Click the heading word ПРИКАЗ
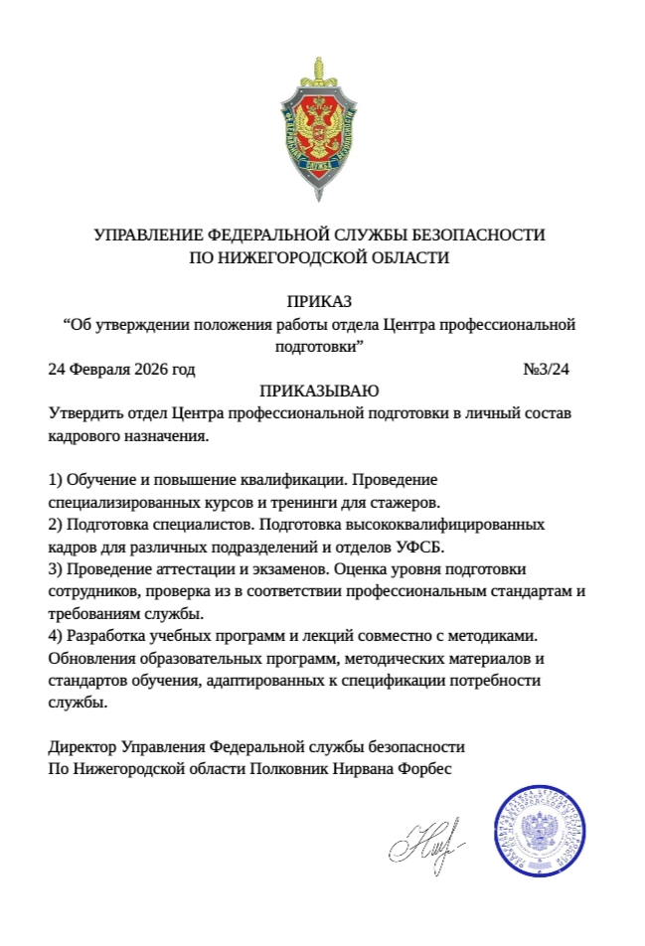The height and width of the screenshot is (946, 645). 320,302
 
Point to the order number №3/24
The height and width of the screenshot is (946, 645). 546,370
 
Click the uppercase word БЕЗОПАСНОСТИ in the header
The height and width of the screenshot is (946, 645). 476,236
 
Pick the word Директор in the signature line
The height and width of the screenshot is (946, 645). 81,746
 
